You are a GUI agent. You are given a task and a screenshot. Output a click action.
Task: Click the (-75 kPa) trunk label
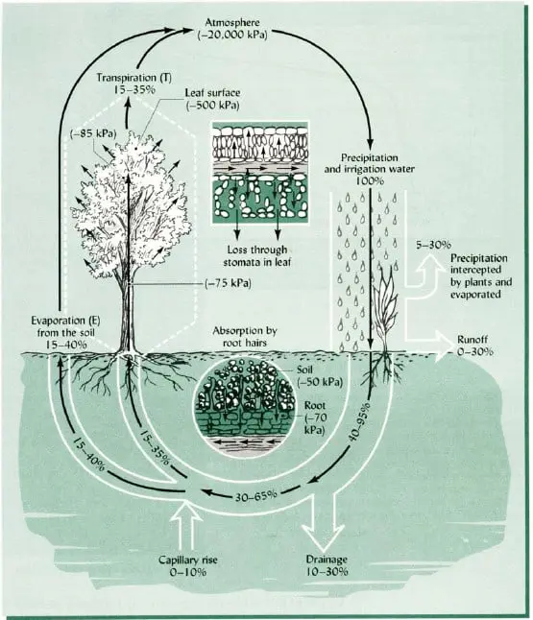point(230,283)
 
